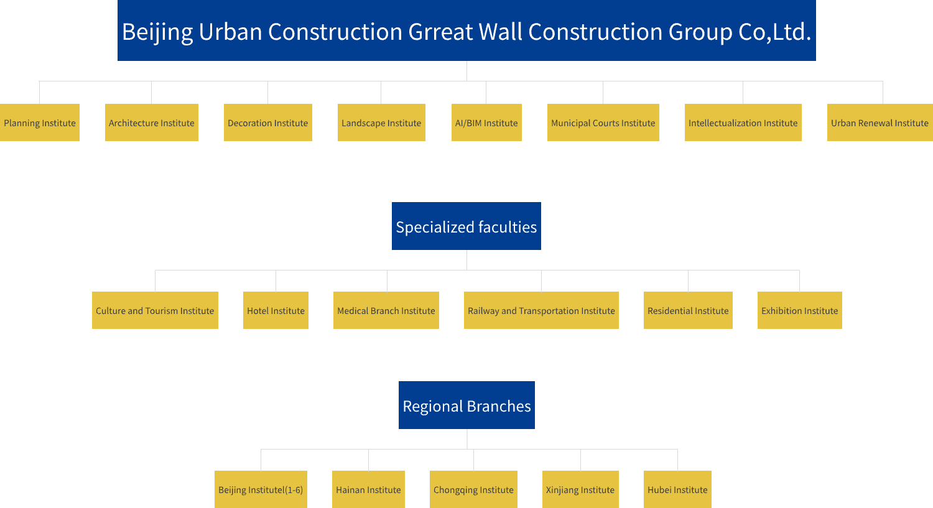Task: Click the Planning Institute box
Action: [x=40, y=122]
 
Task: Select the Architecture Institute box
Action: [x=152, y=122]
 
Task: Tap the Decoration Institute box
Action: [x=268, y=122]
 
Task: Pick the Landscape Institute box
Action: [x=381, y=122]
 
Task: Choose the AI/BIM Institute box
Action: [x=486, y=122]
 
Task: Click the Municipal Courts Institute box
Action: [x=603, y=122]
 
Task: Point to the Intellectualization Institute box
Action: [x=743, y=122]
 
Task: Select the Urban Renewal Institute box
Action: [x=880, y=122]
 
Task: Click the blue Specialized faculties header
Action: [x=466, y=226]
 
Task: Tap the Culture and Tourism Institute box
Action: [x=155, y=310]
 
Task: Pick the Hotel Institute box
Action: [x=276, y=310]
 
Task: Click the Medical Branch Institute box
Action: [x=386, y=310]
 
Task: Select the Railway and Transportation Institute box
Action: [x=542, y=310]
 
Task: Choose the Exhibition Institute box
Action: [x=800, y=310]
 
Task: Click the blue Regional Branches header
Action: [x=466, y=405]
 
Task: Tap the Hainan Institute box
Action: [x=368, y=489]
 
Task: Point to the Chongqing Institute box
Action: [x=473, y=489]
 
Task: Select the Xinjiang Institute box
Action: [x=580, y=489]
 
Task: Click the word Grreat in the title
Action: [x=440, y=32]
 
